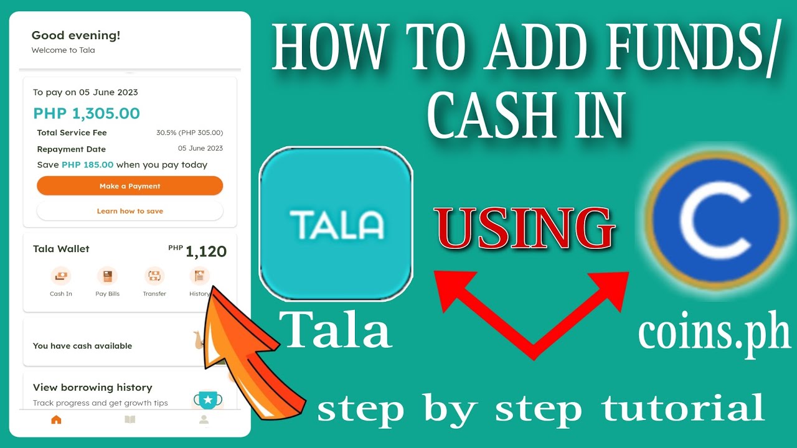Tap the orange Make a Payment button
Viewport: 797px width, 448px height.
coord(130,186)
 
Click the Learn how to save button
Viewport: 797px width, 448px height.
coord(130,211)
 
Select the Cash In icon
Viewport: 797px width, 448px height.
coord(60,276)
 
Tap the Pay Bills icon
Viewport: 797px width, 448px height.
coord(107,276)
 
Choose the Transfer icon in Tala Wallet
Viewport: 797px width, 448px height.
coord(154,276)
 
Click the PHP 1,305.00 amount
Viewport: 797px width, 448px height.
coord(87,113)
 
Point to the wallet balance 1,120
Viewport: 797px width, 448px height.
coord(205,251)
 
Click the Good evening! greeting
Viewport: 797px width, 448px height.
coord(76,35)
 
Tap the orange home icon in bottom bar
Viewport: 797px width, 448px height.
coord(56,420)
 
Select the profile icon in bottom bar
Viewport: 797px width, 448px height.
coord(204,420)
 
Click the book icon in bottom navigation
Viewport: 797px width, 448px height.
coord(130,420)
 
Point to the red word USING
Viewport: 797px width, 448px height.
coord(524,228)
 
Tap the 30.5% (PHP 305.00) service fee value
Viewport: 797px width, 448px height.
coord(189,133)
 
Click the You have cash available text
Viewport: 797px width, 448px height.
coord(82,346)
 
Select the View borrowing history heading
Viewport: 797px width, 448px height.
coord(92,388)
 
